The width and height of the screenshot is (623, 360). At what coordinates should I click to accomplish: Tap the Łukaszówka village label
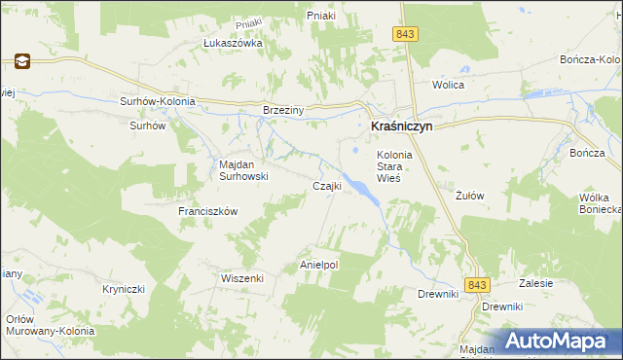coord(233,44)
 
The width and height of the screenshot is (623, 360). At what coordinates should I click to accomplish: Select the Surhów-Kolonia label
coord(158,101)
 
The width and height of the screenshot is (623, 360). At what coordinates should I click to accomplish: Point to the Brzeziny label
coord(283,110)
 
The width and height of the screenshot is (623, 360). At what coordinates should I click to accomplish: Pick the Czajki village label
coord(325,186)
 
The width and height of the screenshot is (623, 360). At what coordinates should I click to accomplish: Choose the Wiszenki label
coord(242,277)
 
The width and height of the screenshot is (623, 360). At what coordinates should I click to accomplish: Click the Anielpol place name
coord(318,265)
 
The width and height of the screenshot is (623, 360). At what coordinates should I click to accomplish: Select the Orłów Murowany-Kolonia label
coord(50,325)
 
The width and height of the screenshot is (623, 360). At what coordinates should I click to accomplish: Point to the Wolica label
coord(449,85)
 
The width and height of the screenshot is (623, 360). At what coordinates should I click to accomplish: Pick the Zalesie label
coord(535,283)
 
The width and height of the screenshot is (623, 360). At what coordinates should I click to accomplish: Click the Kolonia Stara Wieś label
coord(395,166)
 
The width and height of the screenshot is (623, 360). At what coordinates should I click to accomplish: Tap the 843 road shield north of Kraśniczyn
coord(406,34)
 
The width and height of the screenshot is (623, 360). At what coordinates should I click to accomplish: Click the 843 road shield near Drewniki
coord(476,284)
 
